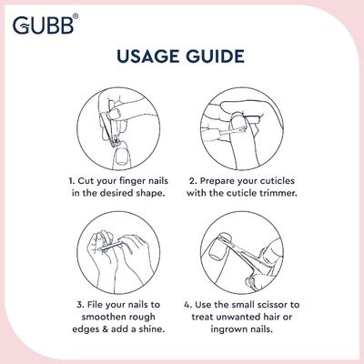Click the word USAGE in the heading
[151, 58]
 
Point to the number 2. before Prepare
[193, 182]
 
